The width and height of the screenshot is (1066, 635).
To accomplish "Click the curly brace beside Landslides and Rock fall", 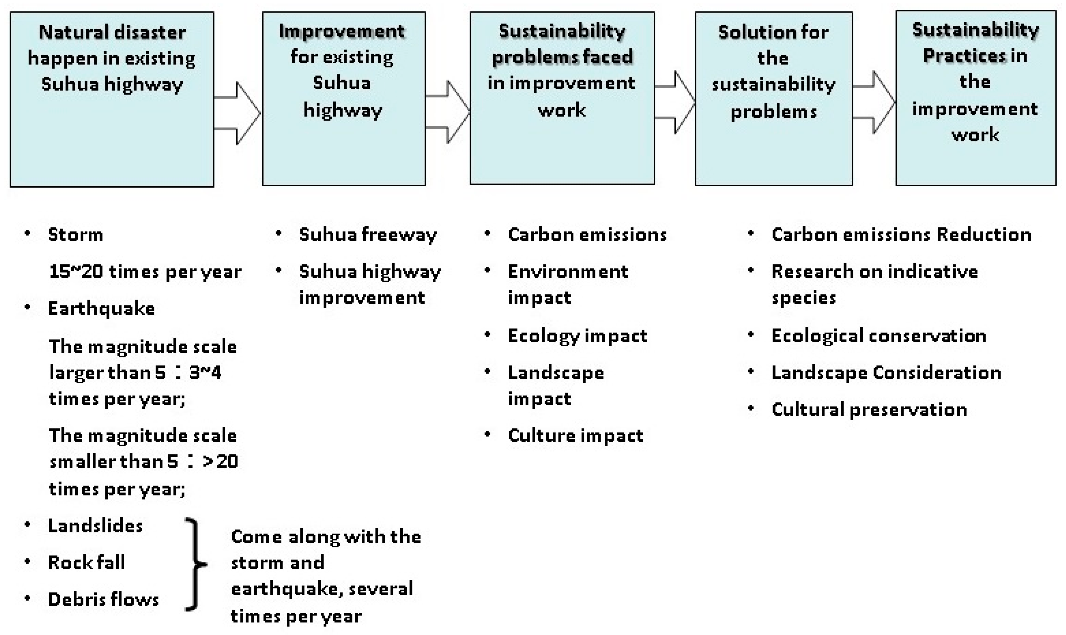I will point(195,564).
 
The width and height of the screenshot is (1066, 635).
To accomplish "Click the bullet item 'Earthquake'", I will point(101,309).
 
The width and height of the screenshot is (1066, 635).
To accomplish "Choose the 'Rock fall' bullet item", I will point(86,562).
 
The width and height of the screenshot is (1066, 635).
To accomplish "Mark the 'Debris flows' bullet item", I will point(103,599).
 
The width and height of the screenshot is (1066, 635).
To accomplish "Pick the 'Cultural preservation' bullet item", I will point(869,410).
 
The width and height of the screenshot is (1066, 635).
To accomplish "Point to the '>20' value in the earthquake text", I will point(221,462).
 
